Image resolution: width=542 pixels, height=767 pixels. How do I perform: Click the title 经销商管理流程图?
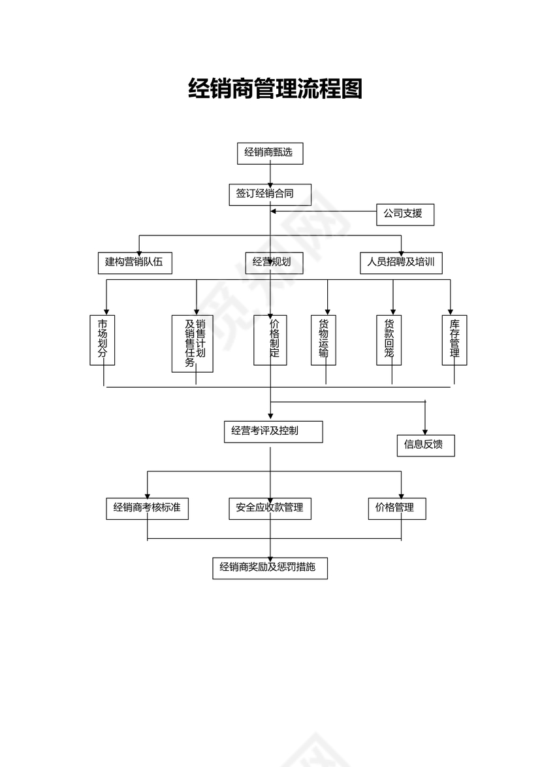pyautogui.click(x=275, y=88)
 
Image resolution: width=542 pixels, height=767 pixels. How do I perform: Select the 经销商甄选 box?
pyautogui.click(x=270, y=153)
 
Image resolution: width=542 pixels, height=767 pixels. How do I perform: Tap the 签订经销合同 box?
pyautogui.click(x=270, y=194)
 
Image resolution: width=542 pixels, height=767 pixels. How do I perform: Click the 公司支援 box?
pyautogui.click(x=405, y=214)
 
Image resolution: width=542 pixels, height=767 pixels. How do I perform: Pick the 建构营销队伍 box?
pyautogui.click(x=135, y=263)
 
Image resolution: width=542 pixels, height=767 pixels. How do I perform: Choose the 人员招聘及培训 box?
pyautogui.click(x=401, y=263)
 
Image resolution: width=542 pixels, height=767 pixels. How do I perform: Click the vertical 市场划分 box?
pyautogui.click(x=102, y=340)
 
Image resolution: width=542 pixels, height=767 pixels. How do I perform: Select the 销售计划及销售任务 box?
pyautogui.click(x=192, y=344)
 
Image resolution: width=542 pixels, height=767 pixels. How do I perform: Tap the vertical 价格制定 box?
pyautogui.click(x=270, y=340)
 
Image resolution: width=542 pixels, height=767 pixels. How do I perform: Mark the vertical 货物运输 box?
pyautogui.click(x=323, y=340)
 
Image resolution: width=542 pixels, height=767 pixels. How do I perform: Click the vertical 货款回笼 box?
pyautogui.click(x=389, y=340)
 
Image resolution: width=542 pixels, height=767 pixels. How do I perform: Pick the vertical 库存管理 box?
pyautogui.click(x=454, y=340)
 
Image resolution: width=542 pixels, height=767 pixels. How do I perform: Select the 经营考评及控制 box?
pyautogui.click(x=273, y=432)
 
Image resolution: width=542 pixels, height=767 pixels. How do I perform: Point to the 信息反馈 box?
pyautogui.click(x=425, y=445)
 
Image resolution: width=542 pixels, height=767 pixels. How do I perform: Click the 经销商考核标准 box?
pyautogui.click(x=147, y=508)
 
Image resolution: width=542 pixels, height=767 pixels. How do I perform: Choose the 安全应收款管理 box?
pyautogui.click(x=270, y=508)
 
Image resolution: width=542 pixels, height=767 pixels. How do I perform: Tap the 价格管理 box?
pyautogui.click(x=397, y=508)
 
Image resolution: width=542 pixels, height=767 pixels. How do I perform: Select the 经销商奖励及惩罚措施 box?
pyautogui.click(x=270, y=568)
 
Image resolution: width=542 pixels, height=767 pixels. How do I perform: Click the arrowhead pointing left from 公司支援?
pyautogui.click(x=274, y=211)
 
